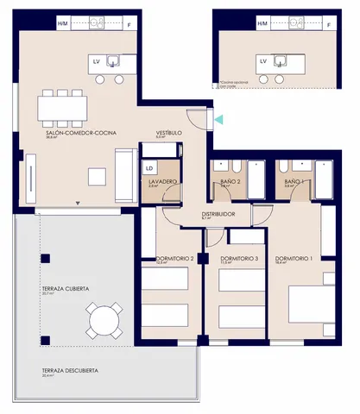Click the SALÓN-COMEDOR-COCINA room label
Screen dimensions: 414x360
pos(81,133)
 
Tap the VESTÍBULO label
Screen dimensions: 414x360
pos(167,133)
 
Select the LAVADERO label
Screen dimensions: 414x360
pos(161,182)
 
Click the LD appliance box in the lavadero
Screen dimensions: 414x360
pos(149,168)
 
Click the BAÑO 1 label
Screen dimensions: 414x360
pos(294,182)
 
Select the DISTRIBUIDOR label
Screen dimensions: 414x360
pos(219,214)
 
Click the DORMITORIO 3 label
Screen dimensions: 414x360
pos(239,259)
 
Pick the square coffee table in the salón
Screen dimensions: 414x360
pos(97,177)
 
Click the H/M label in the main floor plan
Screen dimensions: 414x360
pos(62,24)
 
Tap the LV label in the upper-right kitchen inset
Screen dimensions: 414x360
pos(262,62)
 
